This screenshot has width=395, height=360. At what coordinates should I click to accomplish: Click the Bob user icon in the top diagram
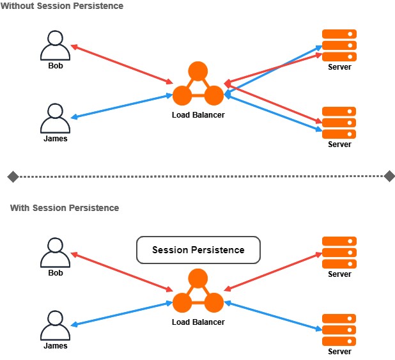point(55,45)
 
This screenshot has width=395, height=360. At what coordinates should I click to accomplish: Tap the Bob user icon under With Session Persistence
point(55,253)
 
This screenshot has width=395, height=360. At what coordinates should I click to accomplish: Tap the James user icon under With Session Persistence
point(55,326)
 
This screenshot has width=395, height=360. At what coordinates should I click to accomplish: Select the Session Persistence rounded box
point(198,250)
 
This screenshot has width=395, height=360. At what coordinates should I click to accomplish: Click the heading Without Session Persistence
point(63,6)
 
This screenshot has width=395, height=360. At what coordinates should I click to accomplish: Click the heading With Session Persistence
point(65,208)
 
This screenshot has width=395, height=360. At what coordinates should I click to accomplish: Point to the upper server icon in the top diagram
point(339,45)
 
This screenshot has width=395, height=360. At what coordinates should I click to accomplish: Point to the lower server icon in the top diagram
point(339,122)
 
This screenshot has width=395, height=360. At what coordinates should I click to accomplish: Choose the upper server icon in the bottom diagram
point(339,253)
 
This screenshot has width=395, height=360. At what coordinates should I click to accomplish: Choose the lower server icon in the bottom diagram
point(339,329)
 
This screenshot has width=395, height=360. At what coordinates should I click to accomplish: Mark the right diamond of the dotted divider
point(389,176)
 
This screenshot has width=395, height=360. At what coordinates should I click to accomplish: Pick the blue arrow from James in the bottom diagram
point(121,313)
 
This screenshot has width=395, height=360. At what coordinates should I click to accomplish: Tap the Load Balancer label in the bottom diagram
point(198,322)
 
